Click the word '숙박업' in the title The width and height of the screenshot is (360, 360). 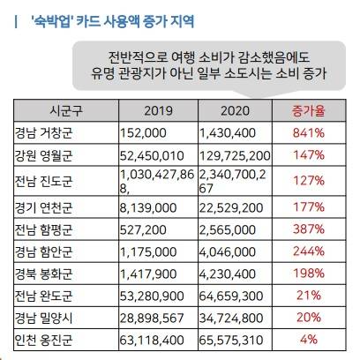[49, 18]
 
